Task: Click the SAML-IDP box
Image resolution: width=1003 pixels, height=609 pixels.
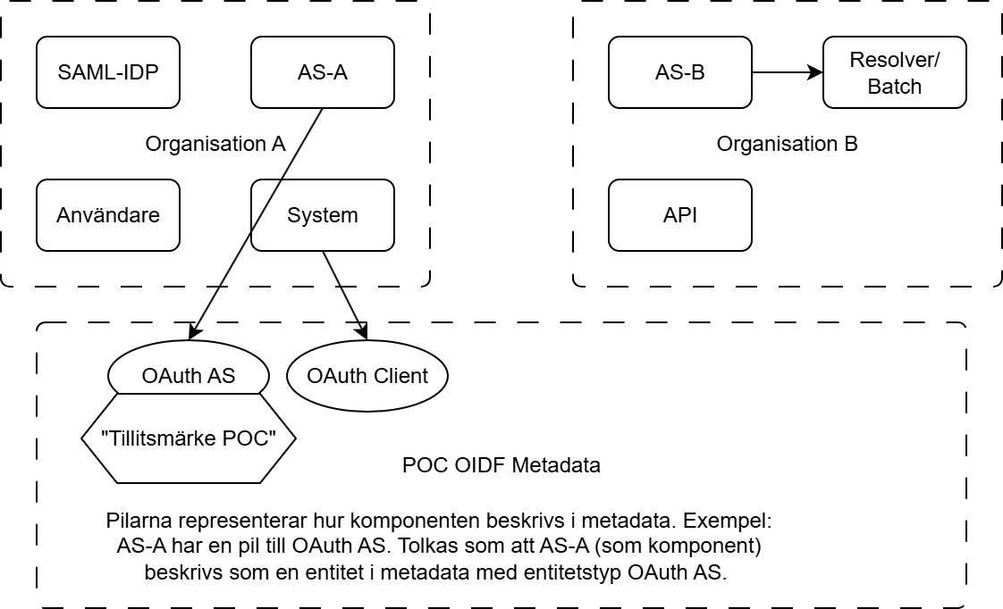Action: [x=107, y=72]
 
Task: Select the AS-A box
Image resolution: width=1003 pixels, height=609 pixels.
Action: [x=322, y=72]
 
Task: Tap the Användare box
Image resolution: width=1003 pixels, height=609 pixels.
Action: [x=107, y=215]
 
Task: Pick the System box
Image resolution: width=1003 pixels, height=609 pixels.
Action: [x=322, y=215]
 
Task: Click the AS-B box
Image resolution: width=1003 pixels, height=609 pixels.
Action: [x=679, y=72]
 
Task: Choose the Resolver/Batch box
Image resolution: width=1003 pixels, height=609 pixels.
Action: [x=894, y=72]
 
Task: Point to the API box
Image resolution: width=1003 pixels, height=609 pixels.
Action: [x=679, y=215]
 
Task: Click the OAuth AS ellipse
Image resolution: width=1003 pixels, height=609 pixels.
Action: [x=188, y=376]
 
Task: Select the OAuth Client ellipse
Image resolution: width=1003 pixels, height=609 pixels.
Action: [x=367, y=376]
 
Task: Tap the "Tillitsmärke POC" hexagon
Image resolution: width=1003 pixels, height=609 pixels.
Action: [x=188, y=438]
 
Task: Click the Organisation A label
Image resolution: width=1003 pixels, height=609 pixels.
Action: [x=215, y=144]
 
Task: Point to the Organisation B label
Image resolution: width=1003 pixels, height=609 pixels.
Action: [x=787, y=144]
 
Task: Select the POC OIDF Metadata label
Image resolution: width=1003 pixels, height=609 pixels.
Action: [x=501, y=465]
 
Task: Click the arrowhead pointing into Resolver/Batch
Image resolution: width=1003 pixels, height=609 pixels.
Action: [x=816, y=72]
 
